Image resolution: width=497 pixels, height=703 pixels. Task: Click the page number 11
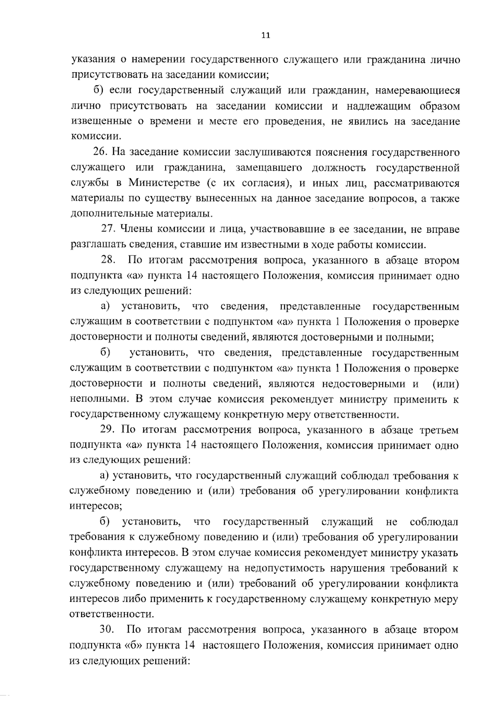[265, 35]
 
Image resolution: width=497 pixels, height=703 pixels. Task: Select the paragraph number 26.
[101, 152]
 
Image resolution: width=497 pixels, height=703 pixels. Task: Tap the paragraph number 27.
[109, 229]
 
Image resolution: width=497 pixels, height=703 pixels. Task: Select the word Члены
[137, 229]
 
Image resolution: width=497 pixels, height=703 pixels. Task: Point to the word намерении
[156, 60]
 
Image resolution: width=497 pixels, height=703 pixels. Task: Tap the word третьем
[439, 430]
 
